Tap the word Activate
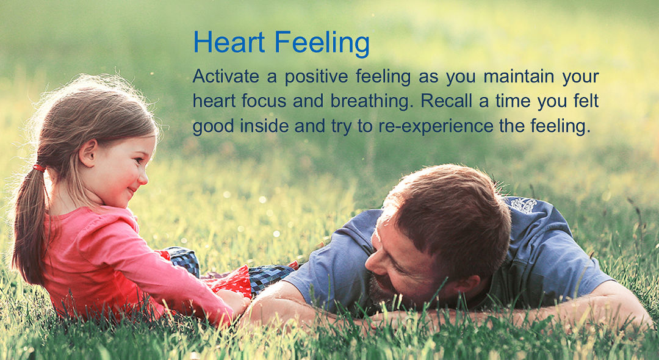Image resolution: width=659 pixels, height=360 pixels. pos(225,77)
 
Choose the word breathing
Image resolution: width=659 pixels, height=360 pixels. pos(370,102)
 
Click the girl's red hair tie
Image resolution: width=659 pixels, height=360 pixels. pos(39,167)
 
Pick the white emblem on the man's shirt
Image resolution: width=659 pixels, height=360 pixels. pos(524,205)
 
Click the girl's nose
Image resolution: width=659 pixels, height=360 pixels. pos(143,177)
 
